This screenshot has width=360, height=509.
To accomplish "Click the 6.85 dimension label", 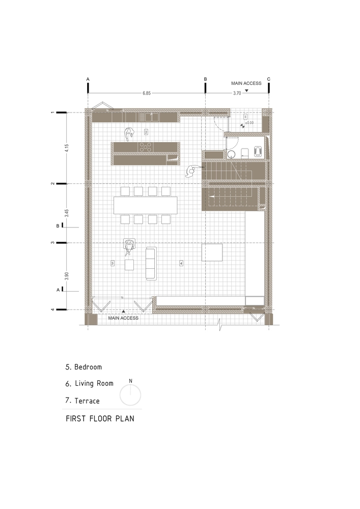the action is [147, 93].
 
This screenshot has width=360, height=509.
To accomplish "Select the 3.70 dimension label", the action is [237, 93].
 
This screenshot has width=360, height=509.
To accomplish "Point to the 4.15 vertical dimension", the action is [67, 148].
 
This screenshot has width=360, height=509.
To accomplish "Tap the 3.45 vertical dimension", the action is [67, 213].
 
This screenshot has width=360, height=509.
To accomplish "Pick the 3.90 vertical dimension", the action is [67, 276].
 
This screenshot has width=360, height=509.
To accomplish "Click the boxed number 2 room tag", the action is [146, 132].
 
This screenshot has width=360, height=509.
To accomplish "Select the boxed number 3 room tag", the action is [113, 263].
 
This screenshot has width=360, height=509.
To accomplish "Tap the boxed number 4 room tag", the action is [181, 263].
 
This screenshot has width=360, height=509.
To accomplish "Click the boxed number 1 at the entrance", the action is [245, 116].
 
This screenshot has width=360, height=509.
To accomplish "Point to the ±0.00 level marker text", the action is [250, 123].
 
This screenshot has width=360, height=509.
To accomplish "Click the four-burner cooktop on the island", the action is [146, 147].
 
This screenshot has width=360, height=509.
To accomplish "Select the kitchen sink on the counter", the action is [152, 117].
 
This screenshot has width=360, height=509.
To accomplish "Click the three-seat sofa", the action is [151, 263].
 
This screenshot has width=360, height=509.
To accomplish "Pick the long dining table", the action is [146, 205].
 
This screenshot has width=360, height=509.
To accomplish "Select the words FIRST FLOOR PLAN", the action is [100, 419].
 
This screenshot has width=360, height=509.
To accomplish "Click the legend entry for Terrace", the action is [82, 401].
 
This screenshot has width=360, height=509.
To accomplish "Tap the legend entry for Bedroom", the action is [84, 367].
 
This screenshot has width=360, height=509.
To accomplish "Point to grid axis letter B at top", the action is [205, 79].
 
